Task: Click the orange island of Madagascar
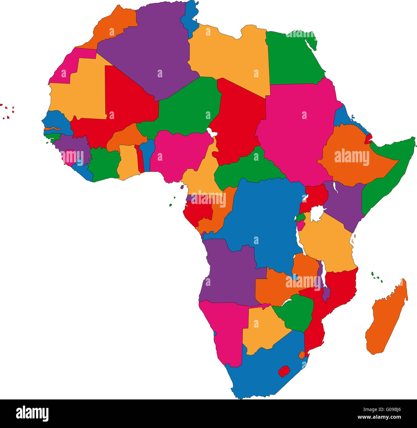point(387,318)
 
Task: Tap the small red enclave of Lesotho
point(284,371)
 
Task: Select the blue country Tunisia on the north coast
point(190,18)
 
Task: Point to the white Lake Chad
point(211,132)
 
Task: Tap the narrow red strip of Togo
point(140,159)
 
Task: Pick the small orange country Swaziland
point(302,355)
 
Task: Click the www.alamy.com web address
point(379,417)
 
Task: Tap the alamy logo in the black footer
point(32,413)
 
